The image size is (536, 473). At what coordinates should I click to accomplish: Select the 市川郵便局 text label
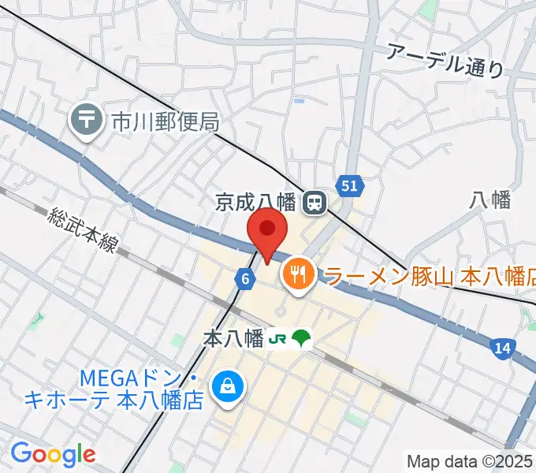pyautogui.click(x=164, y=121)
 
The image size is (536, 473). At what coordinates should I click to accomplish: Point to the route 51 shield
pyautogui.click(x=351, y=186)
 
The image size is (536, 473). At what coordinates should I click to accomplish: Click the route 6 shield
pyautogui.click(x=246, y=277)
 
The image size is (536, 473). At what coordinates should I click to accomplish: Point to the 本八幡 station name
pyautogui.click(x=233, y=339)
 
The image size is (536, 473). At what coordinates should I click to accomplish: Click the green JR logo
pyautogui.click(x=277, y=339)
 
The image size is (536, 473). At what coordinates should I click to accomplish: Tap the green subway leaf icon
pyautogui.click(x=301, y=339)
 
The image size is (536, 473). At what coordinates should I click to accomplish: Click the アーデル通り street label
pyautogui.click(x=445, y=59)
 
